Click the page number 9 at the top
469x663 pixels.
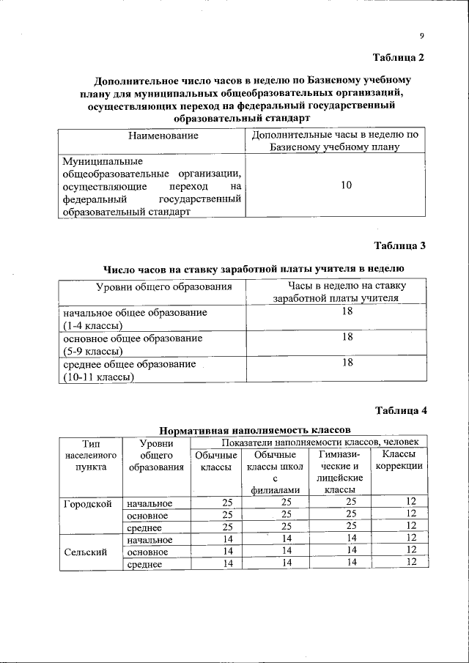point(422,36)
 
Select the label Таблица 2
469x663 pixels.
point(399,57)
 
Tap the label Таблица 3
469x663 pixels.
point(399,245)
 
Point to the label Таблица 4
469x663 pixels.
point(399,410)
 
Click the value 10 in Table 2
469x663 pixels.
point(346,185)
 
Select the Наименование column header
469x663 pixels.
point(153,136)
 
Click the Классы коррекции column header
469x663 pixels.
point(399,462)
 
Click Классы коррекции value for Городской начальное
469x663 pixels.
point(411,502)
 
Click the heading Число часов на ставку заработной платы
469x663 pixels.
point(254,269)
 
